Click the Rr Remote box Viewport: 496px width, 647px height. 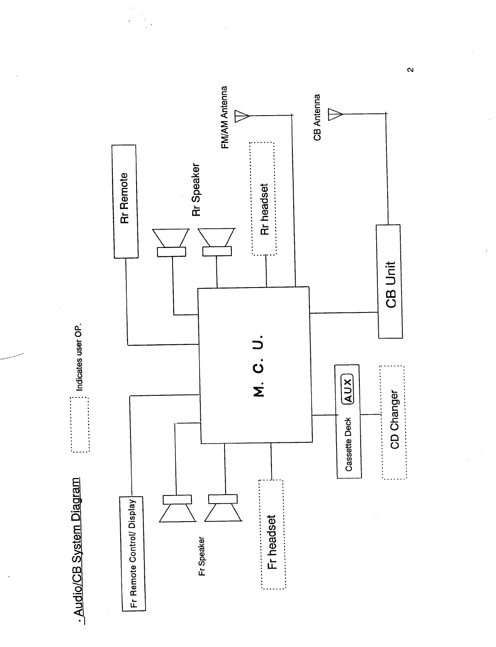point(125,201)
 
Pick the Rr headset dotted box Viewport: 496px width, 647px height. point(264,199)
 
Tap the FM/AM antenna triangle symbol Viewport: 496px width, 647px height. point(242,116)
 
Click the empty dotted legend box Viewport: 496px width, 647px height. point(80,424)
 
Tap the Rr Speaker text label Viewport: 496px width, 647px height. point(196,190)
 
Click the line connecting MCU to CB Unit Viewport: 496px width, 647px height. point(343,313)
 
